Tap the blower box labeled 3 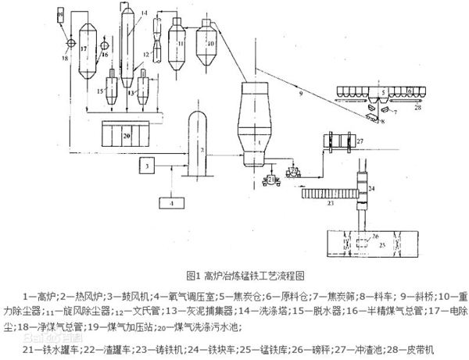coord(149,166)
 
